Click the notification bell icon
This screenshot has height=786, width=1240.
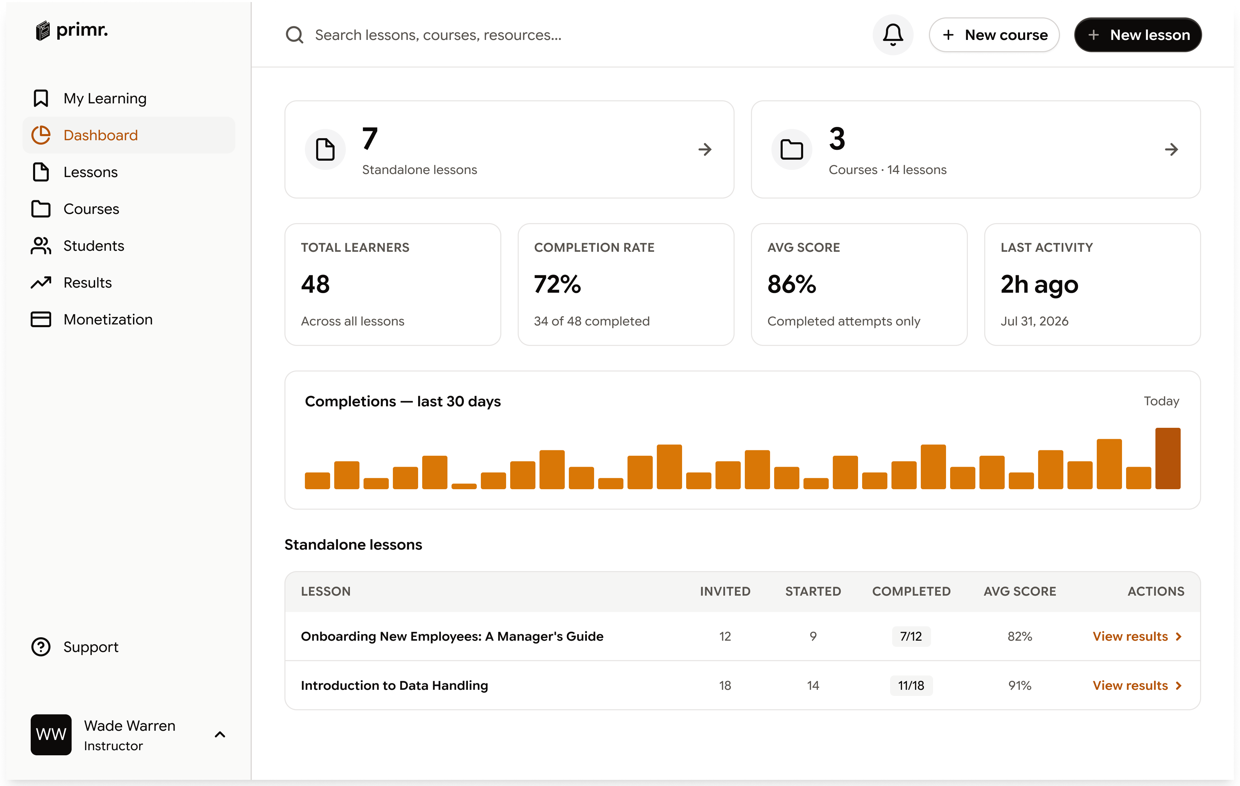(892, 35)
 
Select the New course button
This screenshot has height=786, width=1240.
(994, 35)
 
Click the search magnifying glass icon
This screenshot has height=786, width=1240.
(295, 35)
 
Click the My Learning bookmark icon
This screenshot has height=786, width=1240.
(41, 98)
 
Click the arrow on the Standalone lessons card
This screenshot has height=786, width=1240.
(705, 149)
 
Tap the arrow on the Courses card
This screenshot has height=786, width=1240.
(1171, 149)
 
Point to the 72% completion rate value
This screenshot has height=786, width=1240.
(558, 284)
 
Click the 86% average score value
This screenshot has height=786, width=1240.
(792, 284)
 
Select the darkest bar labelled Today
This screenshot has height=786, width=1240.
(1168, 458)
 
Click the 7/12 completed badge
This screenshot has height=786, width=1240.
(911, 637)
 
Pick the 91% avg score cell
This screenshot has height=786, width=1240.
(1020, 686)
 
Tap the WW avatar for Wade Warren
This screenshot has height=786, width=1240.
(51, 734)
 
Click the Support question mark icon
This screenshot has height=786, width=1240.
(41, 647)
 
